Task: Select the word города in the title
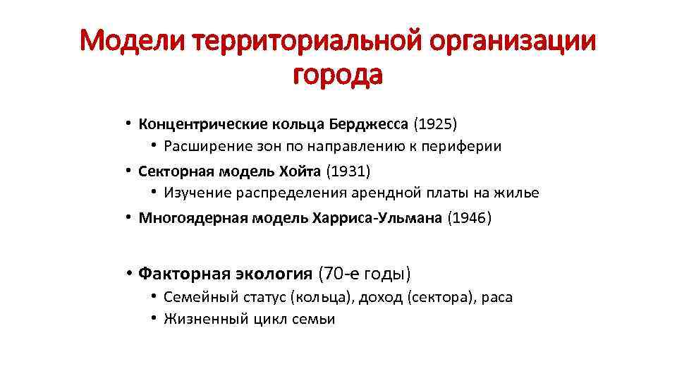point(338,73)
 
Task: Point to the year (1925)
point(435,125)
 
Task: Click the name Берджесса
point(368,125)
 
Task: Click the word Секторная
point(174,171)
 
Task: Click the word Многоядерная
point(188,217)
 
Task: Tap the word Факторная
point(178,273)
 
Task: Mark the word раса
point(497,297)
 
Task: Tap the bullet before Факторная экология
point(130,273)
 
